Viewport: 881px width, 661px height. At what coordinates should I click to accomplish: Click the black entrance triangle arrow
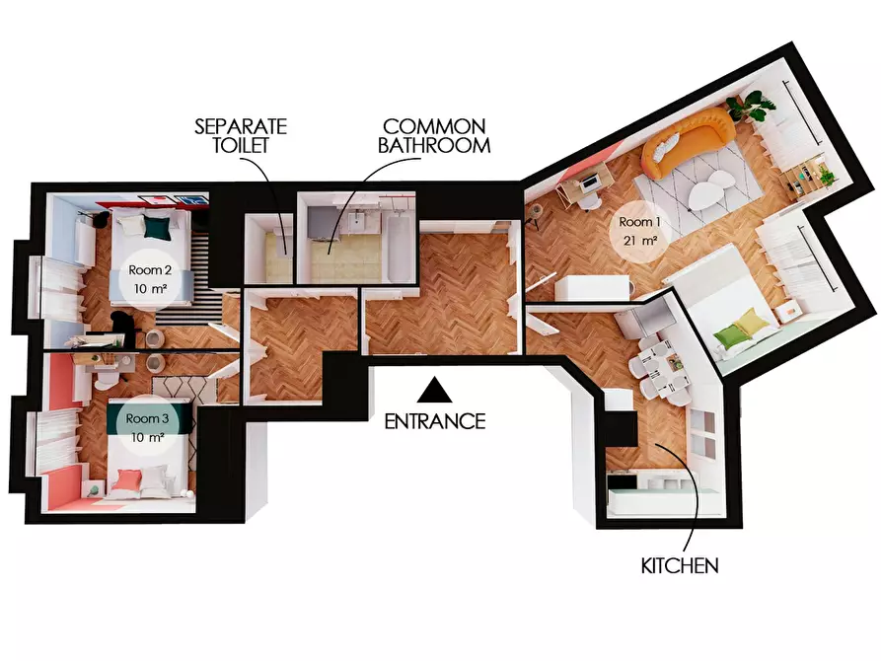(x=434, y=391)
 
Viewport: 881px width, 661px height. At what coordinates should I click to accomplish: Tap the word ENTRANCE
(x=435, y=421)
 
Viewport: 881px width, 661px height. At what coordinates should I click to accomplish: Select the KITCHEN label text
(x=680, y=565)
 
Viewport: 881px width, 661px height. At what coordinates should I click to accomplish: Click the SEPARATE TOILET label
(x=241, y=135)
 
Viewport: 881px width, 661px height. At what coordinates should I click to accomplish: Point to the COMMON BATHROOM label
(x=434, y=135)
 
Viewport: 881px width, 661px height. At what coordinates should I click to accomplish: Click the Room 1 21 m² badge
(x=640, y=231)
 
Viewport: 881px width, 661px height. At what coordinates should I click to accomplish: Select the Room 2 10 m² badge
(x=150, y=279)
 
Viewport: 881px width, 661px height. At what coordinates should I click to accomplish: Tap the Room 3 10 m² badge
(x=148, y=427)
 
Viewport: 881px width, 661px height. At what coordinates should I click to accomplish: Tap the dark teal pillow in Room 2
(x=157, y=227)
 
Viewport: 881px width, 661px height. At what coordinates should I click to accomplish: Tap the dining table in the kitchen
(x=665, y=365)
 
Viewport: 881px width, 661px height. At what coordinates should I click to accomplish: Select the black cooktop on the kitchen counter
(x=621, y=481)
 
